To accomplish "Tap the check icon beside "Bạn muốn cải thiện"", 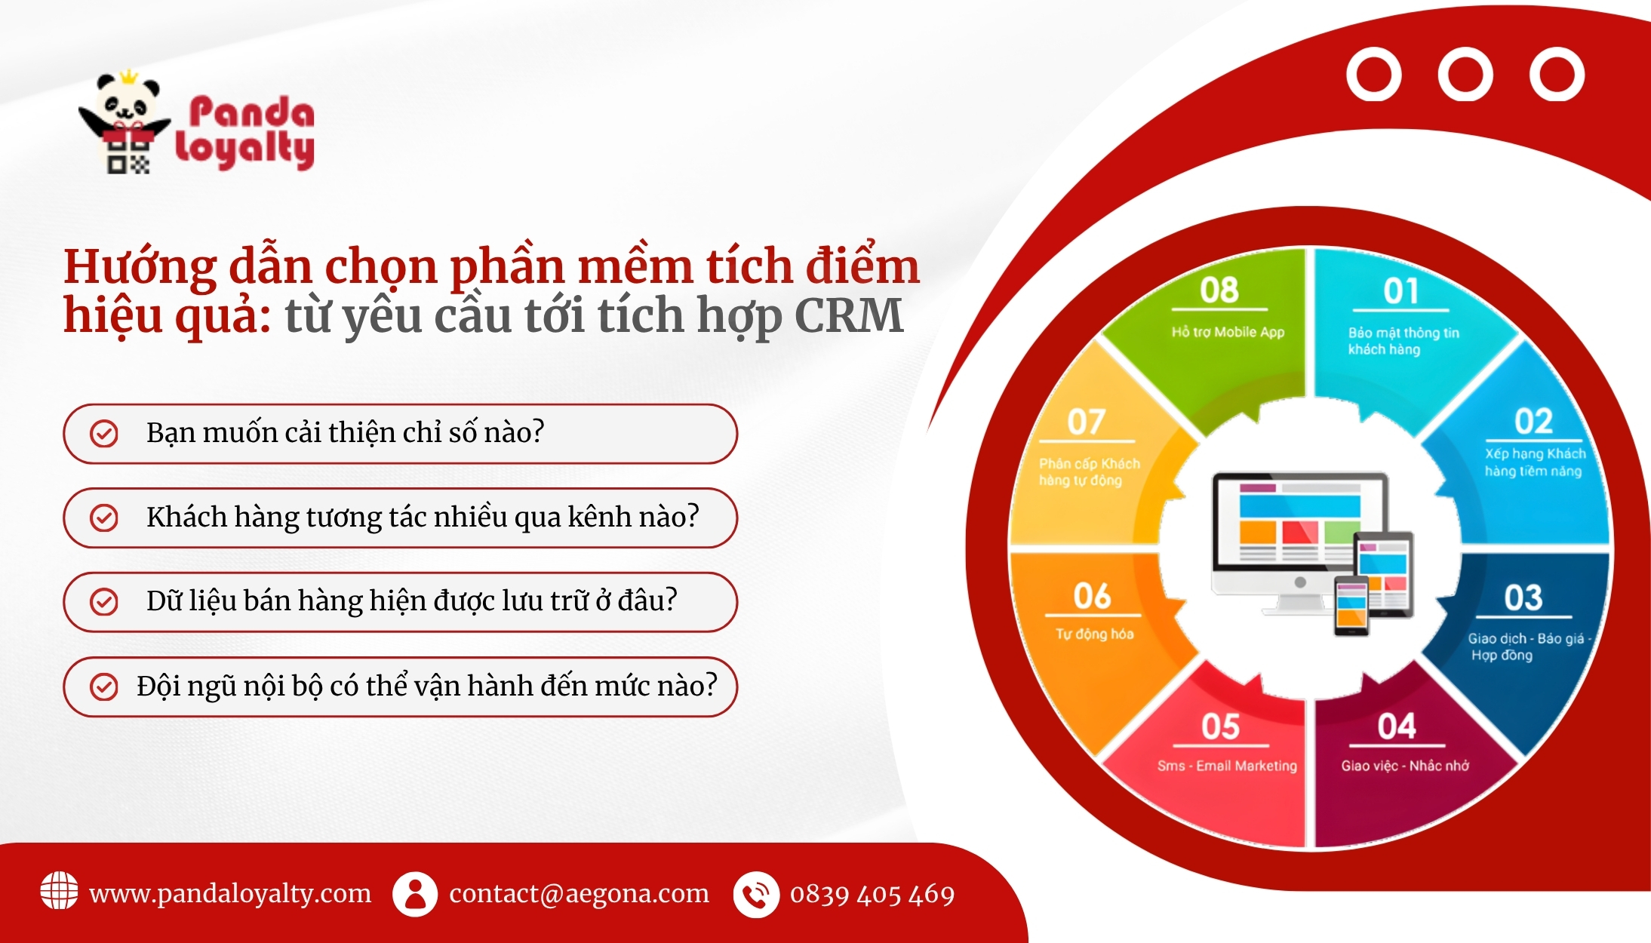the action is pyautogui.click(x=103, y=434).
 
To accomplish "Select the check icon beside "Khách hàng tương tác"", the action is pyautogui.click(x=103, y=518).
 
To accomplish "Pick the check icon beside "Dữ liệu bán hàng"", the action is pyautogui.click(x=103, y=601).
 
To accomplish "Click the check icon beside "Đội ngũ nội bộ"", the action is pyautogui.click(x=103, y=687).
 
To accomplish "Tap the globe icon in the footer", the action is pyautogui.click(x=59, y=891).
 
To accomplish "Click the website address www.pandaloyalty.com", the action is pyautogui.click(x=230, y=893).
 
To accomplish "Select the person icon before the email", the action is pyautogui.click(x=414, y=894).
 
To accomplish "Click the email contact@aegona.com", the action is pyautogui.click(x=580, y=893).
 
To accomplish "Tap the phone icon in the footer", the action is pyautogui.click(x=756, y=895).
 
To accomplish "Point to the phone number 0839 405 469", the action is pyautogui.click(x=872, y=895).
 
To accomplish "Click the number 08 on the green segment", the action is pyautogui.click(x=1219, y=290).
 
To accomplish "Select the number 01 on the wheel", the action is pyautogui.click(x=1401, y=291).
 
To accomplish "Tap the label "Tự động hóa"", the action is pyautogui.click(x=1094, y=634).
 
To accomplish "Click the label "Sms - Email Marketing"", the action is pyautogui.click(x=1227, y=766).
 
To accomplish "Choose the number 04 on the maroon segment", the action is pyautogui.click(x=1397, y=726).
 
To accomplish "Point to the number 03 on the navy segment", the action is pyautogui.click(x=1523, y=598).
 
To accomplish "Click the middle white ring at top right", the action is pyautogui.click(x=1465, y=74).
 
